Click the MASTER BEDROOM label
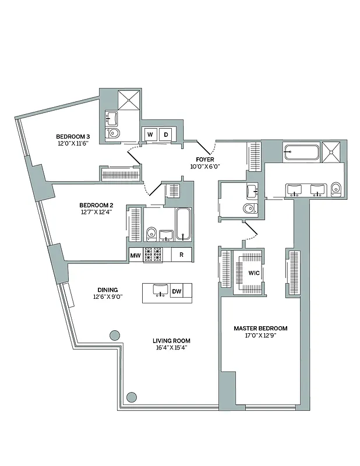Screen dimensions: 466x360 tap(260, 329)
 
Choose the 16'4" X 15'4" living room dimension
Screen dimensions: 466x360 tap(171, 348)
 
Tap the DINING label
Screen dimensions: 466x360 tap(108, 290)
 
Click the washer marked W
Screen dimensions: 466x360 tap(150, 135)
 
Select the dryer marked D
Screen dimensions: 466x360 tap(166, 135)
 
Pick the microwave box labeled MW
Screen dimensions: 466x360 tap(136, 255)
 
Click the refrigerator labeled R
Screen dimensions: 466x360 tap(181, 255)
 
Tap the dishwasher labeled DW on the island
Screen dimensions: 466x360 tap(176, 291)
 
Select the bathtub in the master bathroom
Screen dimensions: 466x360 tap(301, 153)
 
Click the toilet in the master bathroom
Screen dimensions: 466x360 tap(336, 189)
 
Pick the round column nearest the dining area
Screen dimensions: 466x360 tap(114, 336)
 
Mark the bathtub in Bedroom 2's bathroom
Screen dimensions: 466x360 tap(183, 225)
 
